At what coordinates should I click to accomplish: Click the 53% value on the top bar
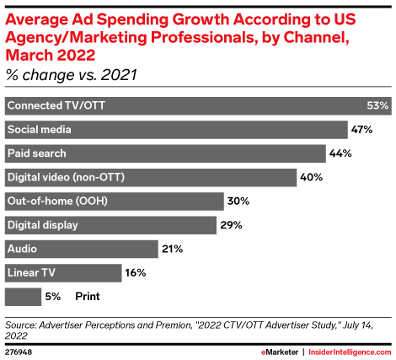377,105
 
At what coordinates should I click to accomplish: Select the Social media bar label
40,130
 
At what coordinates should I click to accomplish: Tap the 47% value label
361,130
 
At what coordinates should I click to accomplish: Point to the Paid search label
37,153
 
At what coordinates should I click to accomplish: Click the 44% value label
340,153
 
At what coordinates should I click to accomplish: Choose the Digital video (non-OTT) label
66,177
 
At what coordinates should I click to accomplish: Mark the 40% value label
311,177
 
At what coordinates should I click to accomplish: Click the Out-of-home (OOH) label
57,201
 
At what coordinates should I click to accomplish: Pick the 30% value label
238,201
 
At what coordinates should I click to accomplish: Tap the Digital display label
43,225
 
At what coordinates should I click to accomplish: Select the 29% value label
231,225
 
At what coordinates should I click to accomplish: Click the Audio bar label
22,249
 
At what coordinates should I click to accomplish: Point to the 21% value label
172,249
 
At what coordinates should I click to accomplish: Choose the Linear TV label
31,272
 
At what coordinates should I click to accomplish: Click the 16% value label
136,272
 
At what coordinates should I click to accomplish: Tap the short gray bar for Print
23,297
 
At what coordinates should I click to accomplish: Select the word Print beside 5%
88,297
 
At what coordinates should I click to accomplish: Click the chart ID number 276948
19,352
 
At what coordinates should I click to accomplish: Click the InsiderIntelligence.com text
350,352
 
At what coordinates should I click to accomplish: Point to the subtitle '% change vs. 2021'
72,75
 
